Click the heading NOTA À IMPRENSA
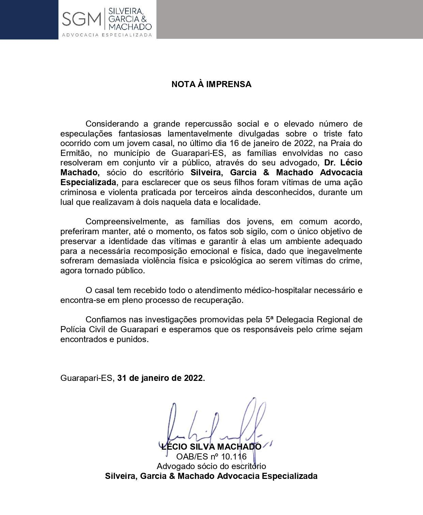click(x=211, y=84)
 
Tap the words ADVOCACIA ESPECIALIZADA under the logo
click(x=107, y=35)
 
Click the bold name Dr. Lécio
click(x=343, y=163)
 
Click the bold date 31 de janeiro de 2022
click(x=160, y=378)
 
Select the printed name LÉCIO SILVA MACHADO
click(x=211, y=447)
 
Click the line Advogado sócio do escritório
click(x=211, y=466)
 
